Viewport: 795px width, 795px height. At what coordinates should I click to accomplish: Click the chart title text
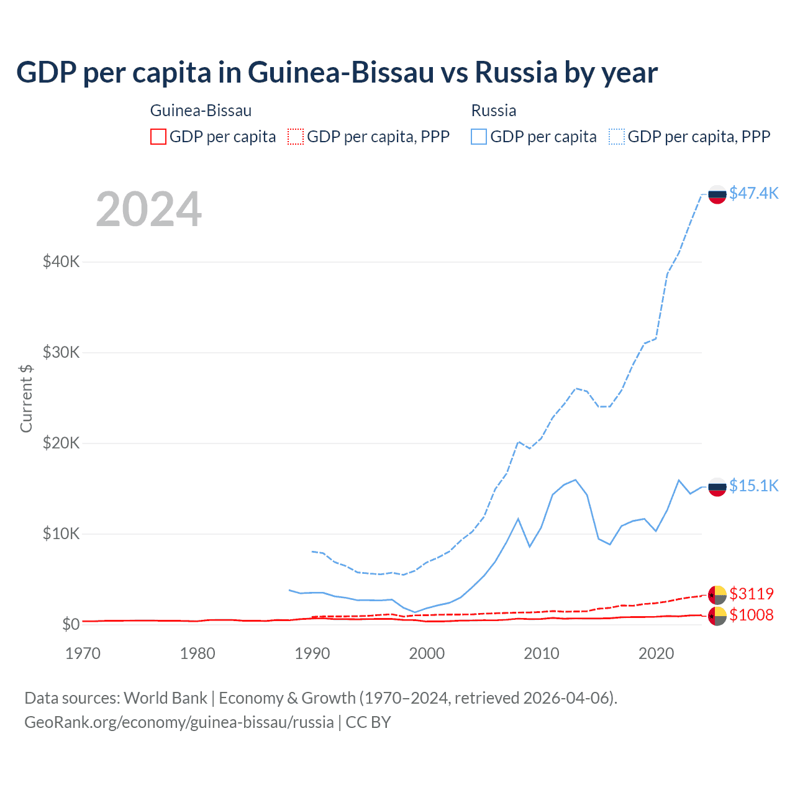337,73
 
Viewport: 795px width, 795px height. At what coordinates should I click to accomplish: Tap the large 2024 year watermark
148,209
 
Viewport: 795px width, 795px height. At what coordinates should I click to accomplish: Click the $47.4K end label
753,193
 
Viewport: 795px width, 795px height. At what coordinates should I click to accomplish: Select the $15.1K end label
753,486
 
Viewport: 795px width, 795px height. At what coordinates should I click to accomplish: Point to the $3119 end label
752,594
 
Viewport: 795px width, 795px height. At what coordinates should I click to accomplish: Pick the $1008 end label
752,615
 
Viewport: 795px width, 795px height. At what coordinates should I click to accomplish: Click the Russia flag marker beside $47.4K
717,194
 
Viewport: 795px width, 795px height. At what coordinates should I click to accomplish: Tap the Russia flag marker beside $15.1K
717,487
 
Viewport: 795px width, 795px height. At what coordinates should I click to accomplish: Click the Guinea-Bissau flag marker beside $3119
717,595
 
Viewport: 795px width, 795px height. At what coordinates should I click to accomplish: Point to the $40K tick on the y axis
61,261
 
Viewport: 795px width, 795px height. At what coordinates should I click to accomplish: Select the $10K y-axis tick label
61,534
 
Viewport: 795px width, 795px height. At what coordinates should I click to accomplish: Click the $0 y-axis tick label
71,624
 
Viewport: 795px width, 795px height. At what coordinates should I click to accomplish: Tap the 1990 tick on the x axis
312,653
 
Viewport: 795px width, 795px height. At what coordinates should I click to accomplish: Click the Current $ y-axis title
26,398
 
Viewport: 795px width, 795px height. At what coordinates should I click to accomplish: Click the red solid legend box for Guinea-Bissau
158,137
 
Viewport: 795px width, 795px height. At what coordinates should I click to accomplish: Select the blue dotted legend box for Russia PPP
617,137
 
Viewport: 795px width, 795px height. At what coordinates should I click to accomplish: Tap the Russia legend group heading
494,111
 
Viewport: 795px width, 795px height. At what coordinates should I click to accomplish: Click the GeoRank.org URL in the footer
179,722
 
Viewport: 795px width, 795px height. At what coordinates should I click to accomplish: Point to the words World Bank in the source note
165,698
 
